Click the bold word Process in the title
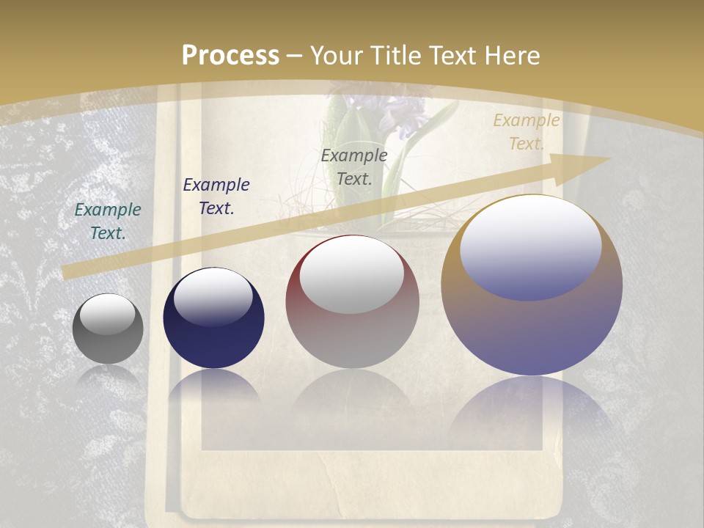pos(230,55)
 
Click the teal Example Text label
pos(108,221)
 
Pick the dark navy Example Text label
pos(216,196)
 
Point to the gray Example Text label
pos(354,166)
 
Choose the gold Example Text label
pos(526,132)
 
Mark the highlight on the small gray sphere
pos(108,314)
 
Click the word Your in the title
pos(334,55)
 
